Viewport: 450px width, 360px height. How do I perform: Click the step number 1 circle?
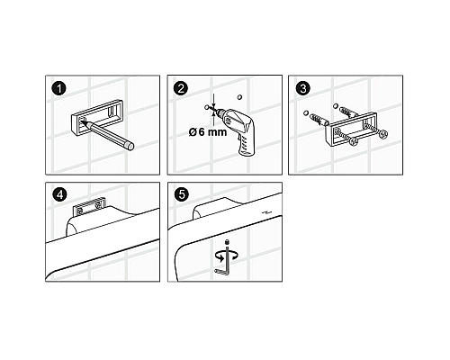point(59,89)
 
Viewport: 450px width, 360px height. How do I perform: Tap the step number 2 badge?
point(181,88)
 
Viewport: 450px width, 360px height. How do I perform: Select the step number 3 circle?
point(302,88)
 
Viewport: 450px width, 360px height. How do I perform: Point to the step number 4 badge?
point(59,194)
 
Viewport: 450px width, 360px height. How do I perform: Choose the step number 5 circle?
point(181,194)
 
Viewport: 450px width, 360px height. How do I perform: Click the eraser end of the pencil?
point(130,146)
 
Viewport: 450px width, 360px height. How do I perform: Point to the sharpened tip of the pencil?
point(84,121)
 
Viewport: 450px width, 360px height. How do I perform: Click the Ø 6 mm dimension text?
point(208,131)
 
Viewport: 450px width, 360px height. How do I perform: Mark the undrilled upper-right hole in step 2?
point(239,97)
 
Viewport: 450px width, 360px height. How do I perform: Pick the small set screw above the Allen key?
point(227,241)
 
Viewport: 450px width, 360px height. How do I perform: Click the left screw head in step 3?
point(355,141)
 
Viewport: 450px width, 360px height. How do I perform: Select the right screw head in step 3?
point(382,134)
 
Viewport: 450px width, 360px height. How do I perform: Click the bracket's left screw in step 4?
point(80,211)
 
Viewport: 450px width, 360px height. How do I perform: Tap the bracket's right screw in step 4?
point(98,206)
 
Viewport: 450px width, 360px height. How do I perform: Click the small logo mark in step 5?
point(266,213)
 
